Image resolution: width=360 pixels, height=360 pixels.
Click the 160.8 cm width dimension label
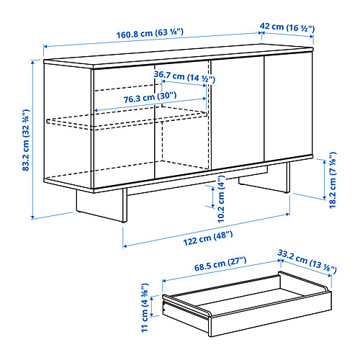coord(150,33)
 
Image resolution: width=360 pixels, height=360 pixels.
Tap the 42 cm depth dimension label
coord(287,27)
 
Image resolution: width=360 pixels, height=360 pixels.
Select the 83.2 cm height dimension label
coord(26,140)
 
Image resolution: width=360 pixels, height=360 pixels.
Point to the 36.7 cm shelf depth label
coord(184,76)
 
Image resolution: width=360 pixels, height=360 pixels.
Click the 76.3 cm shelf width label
coord(150,97)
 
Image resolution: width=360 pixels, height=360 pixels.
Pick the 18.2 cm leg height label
coord(333,180)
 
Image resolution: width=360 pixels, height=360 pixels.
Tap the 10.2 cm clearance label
coord(221,199)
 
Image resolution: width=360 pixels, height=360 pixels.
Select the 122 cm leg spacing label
coord(208,238)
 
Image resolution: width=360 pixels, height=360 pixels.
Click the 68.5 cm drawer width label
coord(220,264)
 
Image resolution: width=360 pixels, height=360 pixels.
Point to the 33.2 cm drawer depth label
coord(307,261)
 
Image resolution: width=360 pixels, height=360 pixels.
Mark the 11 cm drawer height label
coord(145,307)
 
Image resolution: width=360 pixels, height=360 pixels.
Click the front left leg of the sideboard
coord(125,205)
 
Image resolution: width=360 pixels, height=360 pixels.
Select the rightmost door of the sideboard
coord(288,107)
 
